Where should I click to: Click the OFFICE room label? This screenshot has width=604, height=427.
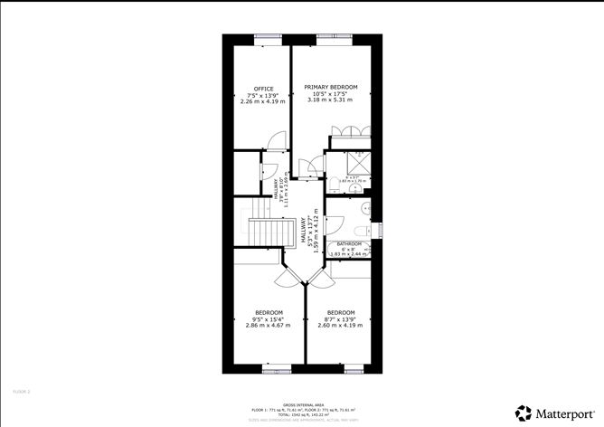point(262,89)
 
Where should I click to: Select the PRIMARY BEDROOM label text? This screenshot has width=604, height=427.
point(330,87)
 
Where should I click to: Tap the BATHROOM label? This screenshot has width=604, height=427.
point(349,244)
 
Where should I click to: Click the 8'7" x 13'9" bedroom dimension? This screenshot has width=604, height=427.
point(340,318)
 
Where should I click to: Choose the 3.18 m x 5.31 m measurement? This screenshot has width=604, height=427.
point(330,100)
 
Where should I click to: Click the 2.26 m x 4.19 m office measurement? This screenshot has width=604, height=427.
point(262,101)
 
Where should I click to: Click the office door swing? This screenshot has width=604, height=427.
point(277,140)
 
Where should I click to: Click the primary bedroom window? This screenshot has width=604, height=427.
point(330,37)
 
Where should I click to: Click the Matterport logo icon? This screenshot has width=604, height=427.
point(524,412)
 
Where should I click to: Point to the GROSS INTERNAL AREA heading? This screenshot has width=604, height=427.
point(303,404)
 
